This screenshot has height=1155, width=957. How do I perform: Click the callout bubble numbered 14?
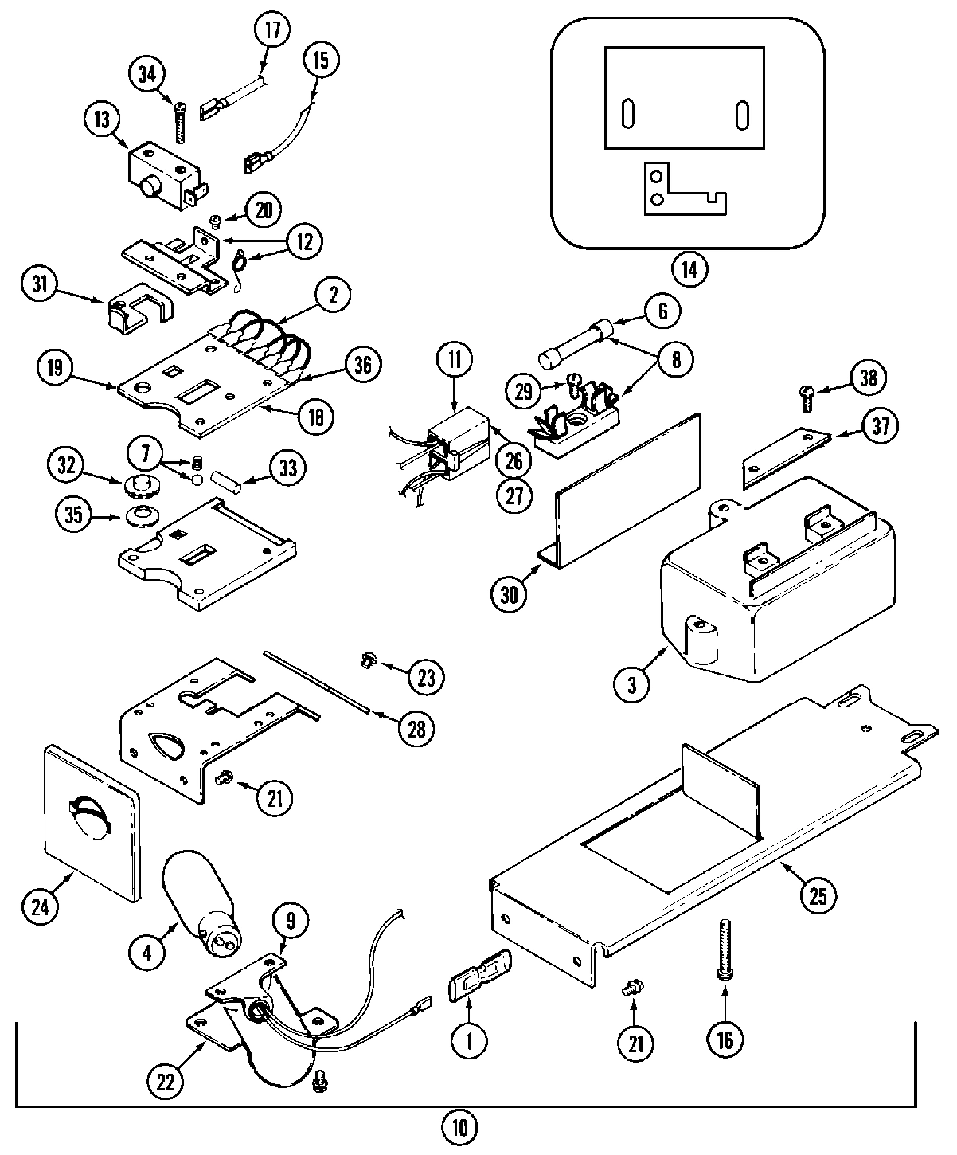(689, 268)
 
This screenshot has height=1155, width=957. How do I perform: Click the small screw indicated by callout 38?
(807, 396)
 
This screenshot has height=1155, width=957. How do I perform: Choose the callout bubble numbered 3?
(632, 685)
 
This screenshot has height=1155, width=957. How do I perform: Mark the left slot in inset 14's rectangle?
(627, 114)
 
